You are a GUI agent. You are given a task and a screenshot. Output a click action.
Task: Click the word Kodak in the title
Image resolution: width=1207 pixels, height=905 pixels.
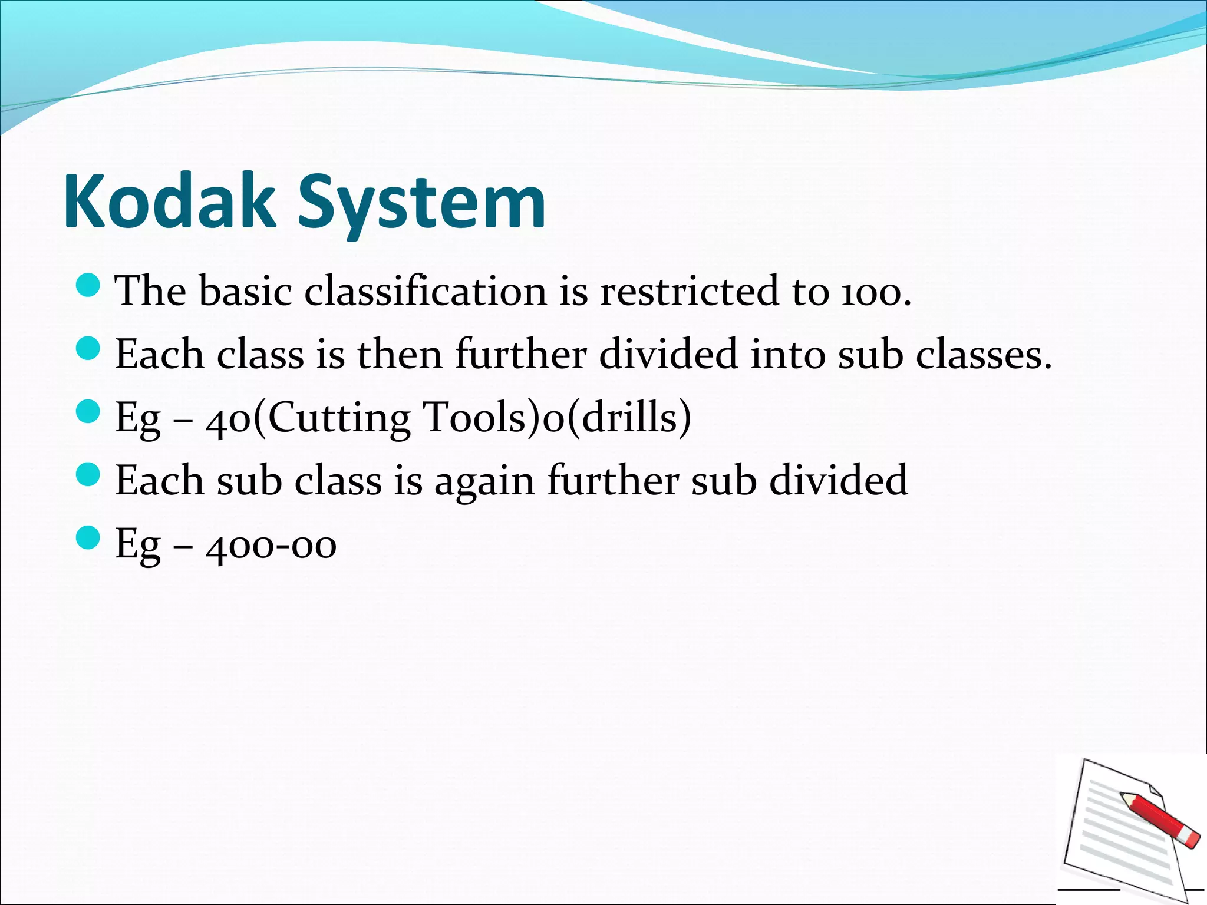169,202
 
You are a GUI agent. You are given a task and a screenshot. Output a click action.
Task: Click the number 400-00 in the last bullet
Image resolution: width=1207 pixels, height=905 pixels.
271,545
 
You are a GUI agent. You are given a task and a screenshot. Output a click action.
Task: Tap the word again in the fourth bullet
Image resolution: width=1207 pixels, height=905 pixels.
484,481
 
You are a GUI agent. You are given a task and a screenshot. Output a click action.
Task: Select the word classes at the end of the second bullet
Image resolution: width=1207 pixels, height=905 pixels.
977,355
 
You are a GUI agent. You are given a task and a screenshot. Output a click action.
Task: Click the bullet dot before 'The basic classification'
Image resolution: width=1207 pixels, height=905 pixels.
88,285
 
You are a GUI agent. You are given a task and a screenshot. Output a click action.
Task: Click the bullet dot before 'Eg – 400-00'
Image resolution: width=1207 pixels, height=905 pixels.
88,537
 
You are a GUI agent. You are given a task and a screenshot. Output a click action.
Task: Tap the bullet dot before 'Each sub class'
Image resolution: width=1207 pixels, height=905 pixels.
88,474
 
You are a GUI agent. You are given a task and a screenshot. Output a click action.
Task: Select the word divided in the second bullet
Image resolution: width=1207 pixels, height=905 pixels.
668,354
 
